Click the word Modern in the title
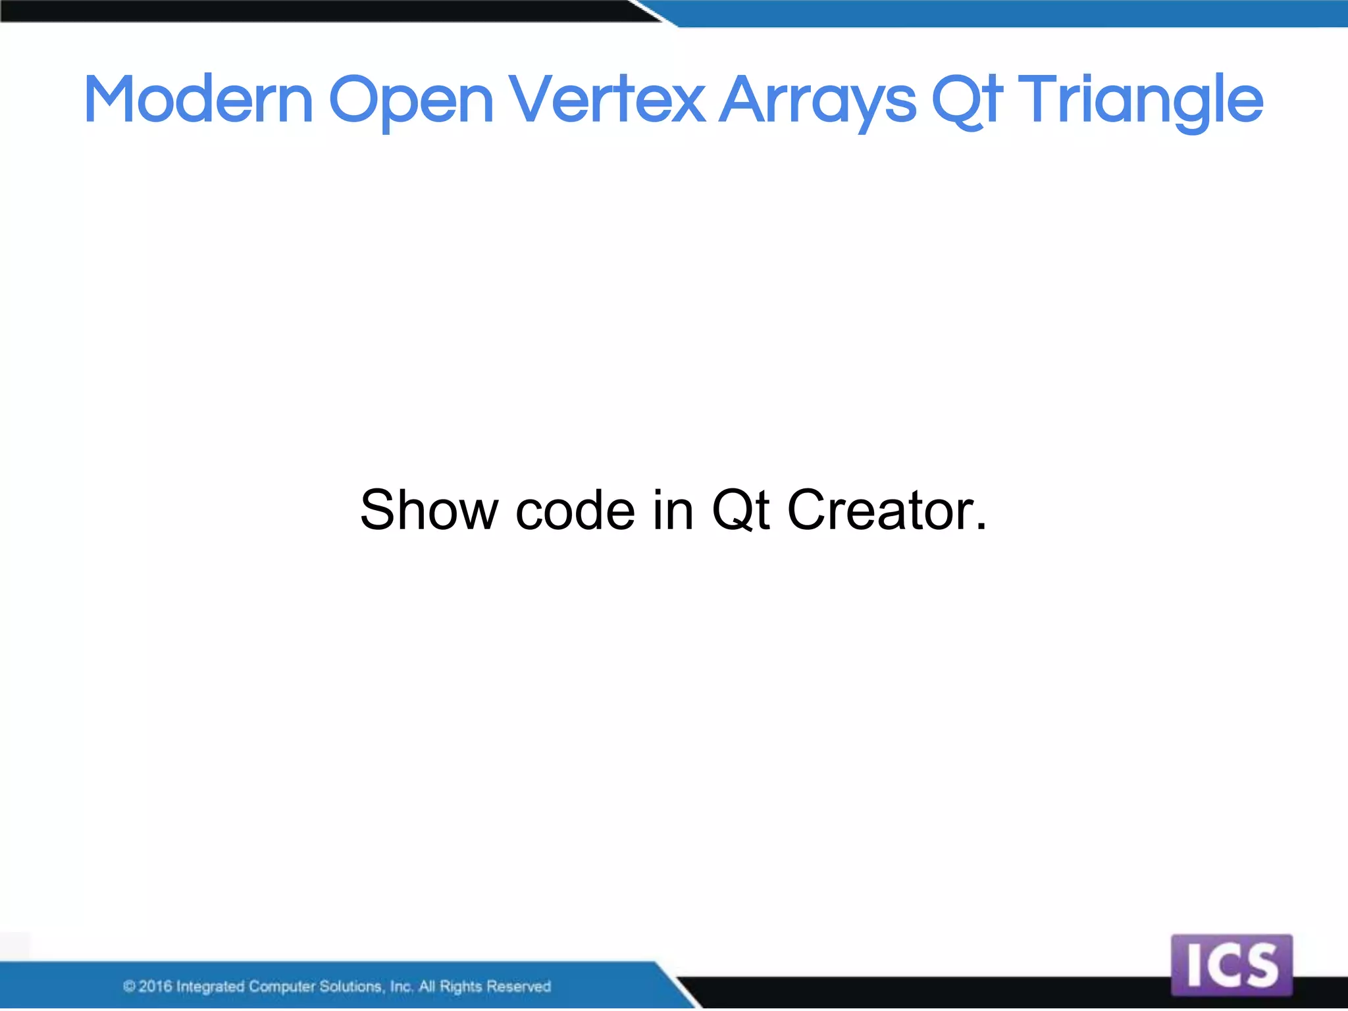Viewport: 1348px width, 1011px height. tap(198, 100)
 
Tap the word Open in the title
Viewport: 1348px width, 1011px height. tap(411, 100)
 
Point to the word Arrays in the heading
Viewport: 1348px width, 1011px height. tap(817, 100)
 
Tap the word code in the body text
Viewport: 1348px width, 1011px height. tap(575, 510)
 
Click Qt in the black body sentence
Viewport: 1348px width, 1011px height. tap(740, 510)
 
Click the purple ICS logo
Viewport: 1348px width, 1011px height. tap(1231, 965)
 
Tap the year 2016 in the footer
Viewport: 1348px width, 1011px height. tap(155, 986)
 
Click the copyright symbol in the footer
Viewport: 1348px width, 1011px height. tap(129, 986)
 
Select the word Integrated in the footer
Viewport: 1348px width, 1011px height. tap(210, 986)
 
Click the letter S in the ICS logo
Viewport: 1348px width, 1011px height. tap(1260, 966)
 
